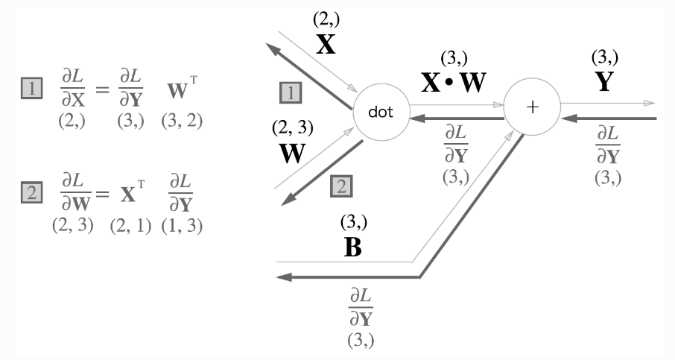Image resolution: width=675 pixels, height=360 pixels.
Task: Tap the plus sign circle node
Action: pos(532,107)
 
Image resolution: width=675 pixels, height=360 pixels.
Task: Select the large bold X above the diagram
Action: pos(326,45)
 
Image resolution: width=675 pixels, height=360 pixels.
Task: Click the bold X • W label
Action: pos(453,82)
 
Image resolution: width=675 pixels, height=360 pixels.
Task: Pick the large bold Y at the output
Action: pos(604,81)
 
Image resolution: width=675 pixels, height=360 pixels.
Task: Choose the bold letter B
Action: pos(352,247)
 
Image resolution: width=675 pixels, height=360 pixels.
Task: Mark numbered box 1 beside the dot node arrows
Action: pos(290,92)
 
